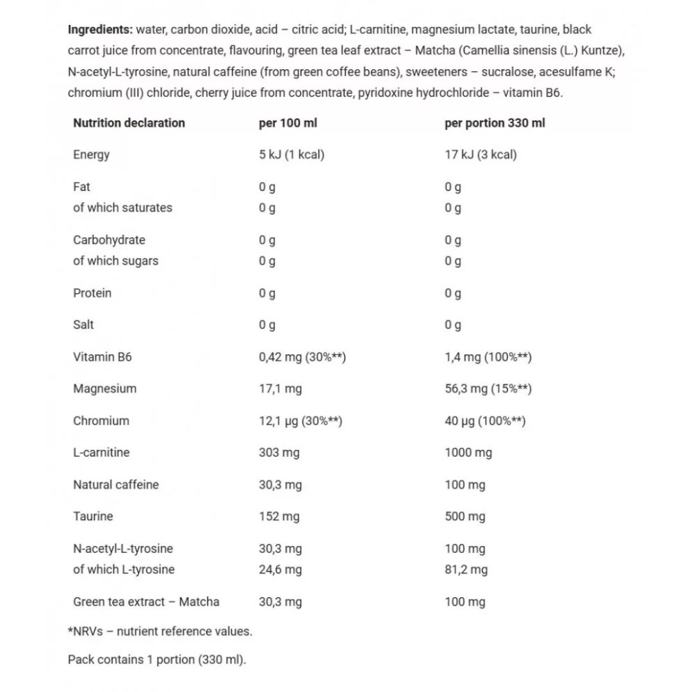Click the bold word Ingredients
click(x=100, y=29)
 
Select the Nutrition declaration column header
click(x=129, y=123)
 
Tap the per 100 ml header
click(x=288, y=123)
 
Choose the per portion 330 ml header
click(x=495, y=123)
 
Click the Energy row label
click(x=92, y=154)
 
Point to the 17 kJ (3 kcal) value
click(x=481, y=154)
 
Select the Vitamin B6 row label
click(x=103, y=357)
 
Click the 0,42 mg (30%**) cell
click(x=302, y=357)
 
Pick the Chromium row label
click(x=101, y=421)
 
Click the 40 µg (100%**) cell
click(x=485, y=421)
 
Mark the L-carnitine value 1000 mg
click(x=468, y=453)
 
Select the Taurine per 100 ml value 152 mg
click(x=279, y=516)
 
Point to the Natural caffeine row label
click(x=116, y=485)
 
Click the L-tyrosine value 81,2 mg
click(x=466, y=570)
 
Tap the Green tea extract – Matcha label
click(x=146, y=602)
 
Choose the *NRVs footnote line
click(x=160, y=631)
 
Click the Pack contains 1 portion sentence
click(x=157, y=660)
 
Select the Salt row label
click(x=83, y=325)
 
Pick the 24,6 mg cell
click(x=280, y=570)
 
